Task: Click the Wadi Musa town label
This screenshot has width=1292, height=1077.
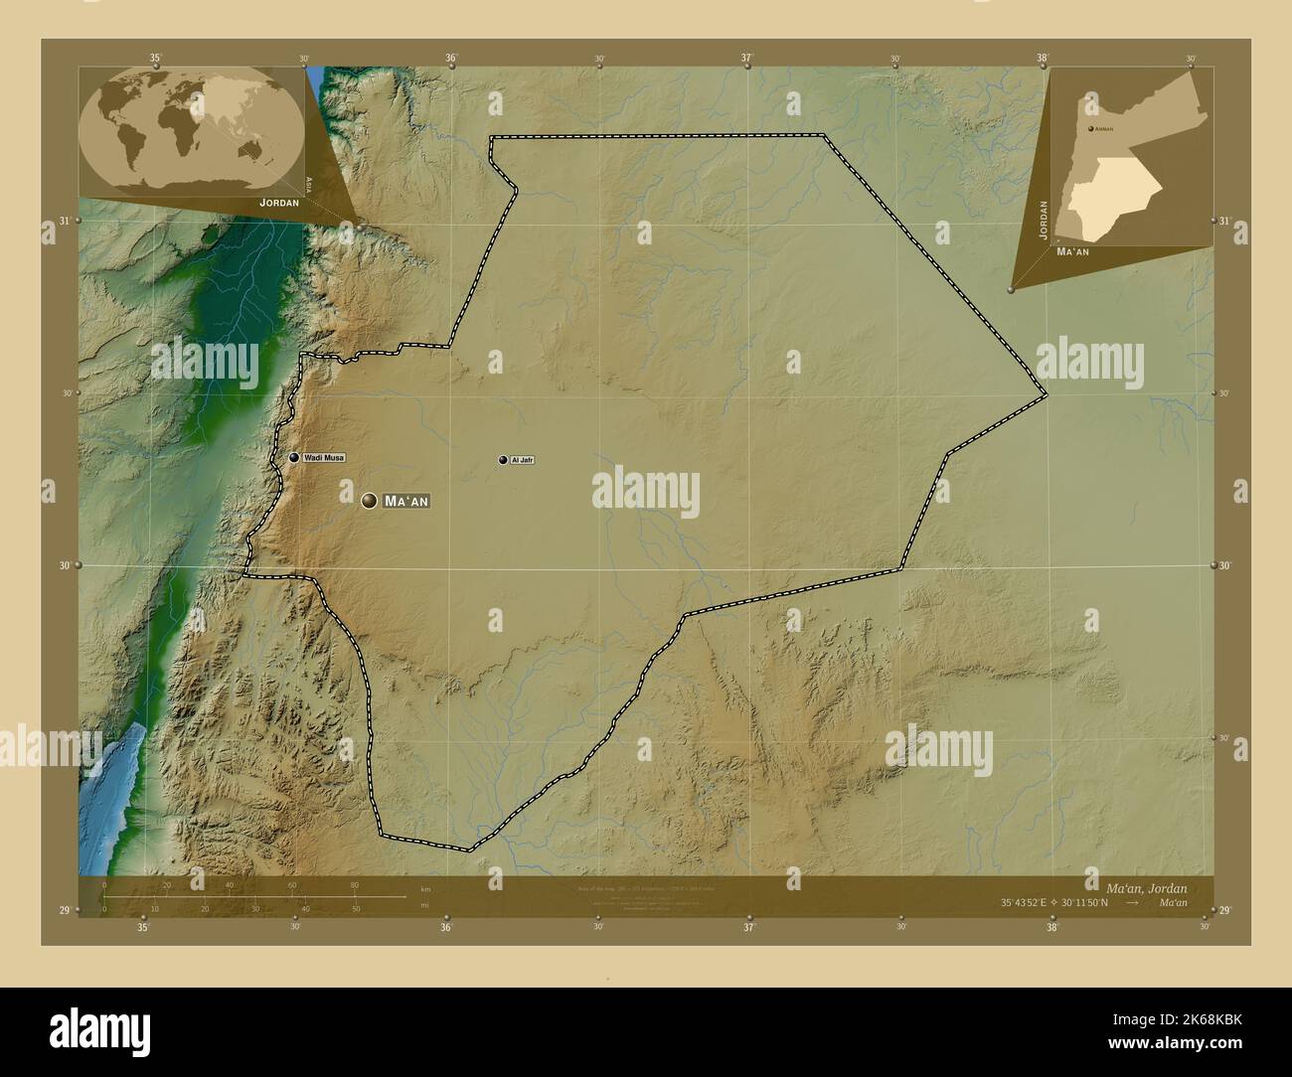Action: tap(324, 457)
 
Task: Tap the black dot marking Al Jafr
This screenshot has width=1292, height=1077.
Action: tap(503, 460)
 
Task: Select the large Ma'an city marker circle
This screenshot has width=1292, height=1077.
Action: tap(370, 501)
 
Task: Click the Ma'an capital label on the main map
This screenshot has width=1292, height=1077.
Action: tap(405, 502)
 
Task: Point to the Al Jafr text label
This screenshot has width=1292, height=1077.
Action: tap(523, 460)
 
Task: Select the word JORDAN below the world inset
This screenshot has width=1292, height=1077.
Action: tap(279, 202)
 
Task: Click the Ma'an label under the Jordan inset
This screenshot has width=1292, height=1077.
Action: tap(1072, 252)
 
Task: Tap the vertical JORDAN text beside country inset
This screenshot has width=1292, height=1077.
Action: tap(1043, 219)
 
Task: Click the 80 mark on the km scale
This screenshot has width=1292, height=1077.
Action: tap(354, 885)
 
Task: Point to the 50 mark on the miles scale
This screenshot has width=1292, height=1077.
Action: tap(356, 909)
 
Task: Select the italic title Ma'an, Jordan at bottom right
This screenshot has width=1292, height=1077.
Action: tap(1146, 887)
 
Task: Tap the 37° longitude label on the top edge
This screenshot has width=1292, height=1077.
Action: tap(747, 58)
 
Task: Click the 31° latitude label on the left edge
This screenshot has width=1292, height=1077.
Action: tap(64, 221)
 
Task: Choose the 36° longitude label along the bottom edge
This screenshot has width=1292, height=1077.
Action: tap(446, 927)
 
